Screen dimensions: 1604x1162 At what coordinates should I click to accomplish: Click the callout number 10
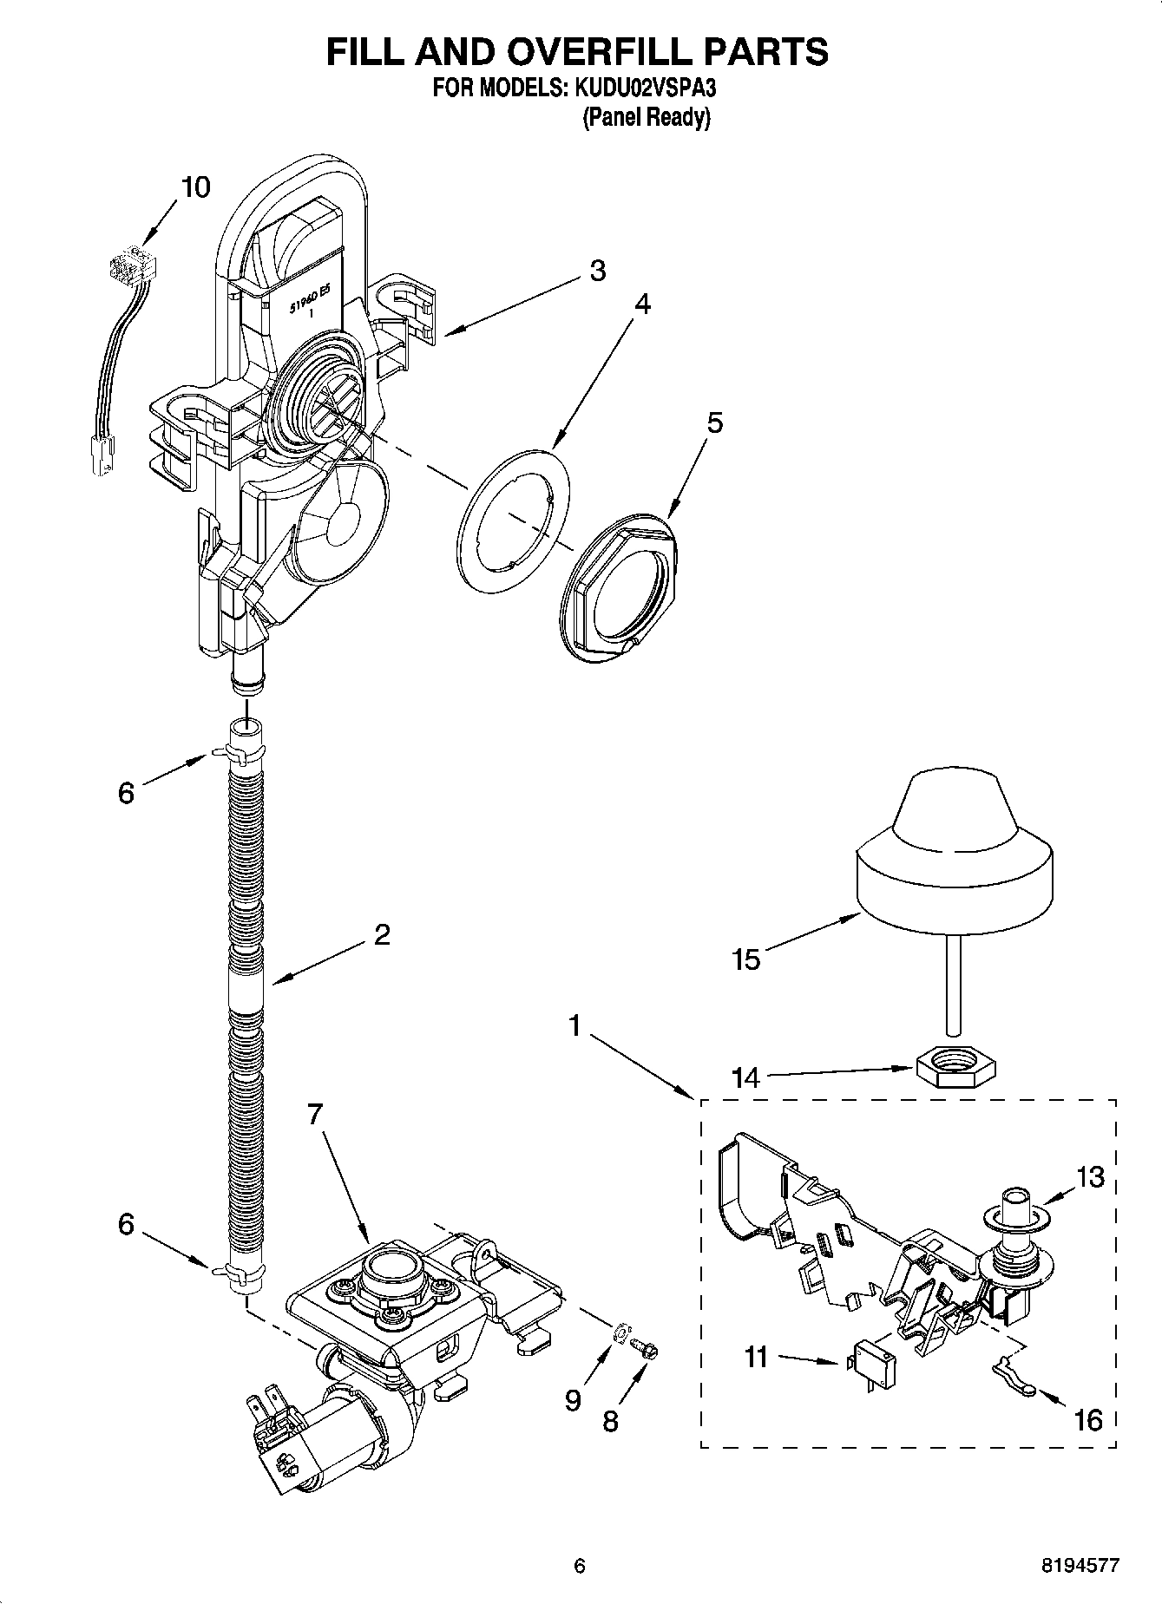[x=196, y=187]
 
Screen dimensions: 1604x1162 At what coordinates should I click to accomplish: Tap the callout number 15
[x=745, y=959]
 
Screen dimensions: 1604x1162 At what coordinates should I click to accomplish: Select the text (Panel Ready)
[x=646, y=118]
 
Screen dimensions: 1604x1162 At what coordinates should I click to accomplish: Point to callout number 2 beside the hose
[x=381, y=934]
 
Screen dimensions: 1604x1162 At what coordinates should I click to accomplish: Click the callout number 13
[x=1090, y=1177]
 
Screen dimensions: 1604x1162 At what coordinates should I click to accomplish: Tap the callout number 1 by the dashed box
[x=574, y=1025]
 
